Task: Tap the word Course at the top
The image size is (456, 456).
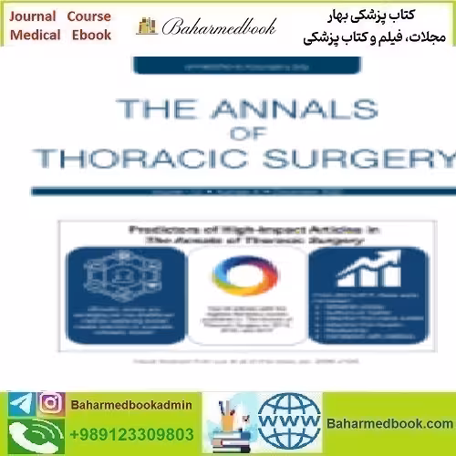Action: [x=88, y=16]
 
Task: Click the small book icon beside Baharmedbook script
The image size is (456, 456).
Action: [x=146, y=26]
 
